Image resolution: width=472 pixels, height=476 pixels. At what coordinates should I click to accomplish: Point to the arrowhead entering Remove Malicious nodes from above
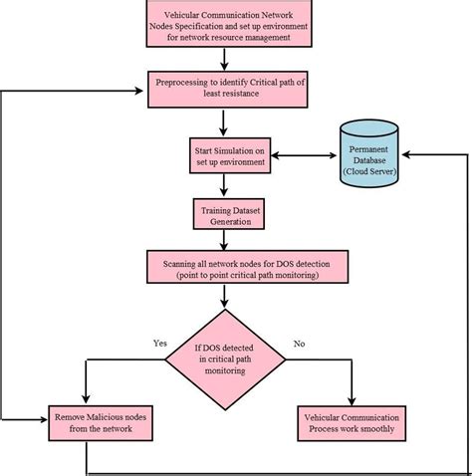[x=88, y=398]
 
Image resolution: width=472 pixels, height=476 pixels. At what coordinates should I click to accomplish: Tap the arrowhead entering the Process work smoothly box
[x=353, y=398]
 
